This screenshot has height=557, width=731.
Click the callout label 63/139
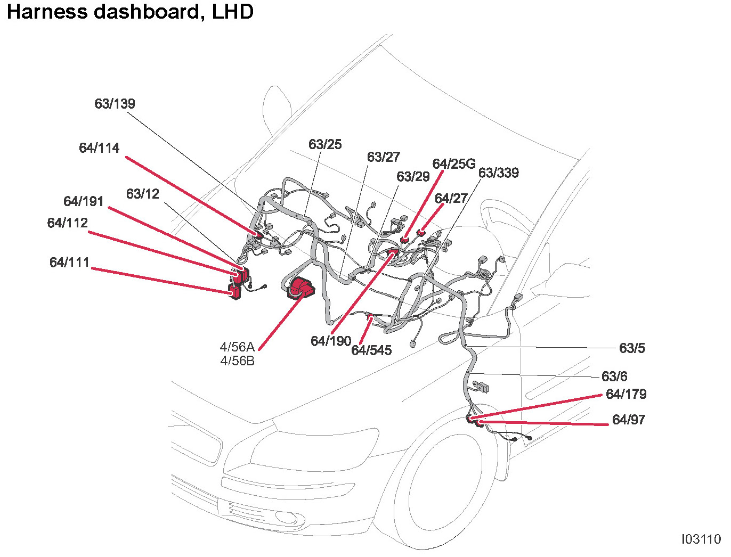click(115, 103)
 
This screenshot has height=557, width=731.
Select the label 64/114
click(99, 148)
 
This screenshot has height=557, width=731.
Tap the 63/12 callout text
click(142, 194)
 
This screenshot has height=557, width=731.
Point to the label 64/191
click(83, 201)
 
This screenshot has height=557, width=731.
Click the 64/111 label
click(69, 262)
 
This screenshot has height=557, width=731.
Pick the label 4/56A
click(237, 347)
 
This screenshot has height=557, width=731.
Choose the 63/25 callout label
click(325, 144)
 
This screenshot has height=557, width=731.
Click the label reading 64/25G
click(453, 163)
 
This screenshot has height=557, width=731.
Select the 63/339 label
click(498, 173)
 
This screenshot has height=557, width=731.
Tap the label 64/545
click(371, 350)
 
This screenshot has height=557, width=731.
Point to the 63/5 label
click(632, 348)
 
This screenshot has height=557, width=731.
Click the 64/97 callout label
click(629, 420)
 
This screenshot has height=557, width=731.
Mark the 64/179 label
click(626, 394)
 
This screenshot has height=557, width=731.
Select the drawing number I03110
click(701, 539)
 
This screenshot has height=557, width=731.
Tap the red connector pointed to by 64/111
click(234, 291)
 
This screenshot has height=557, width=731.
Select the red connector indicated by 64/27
click(420, 232)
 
